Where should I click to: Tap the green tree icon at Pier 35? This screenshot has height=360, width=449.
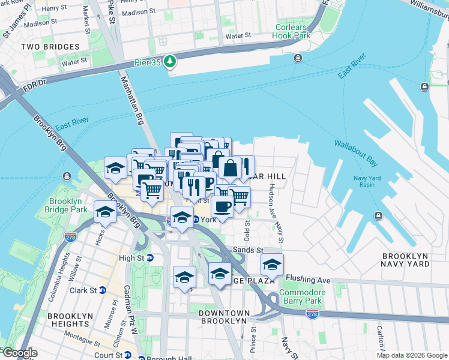click(x=171, y=61)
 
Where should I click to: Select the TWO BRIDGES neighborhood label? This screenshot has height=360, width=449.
click(x=50, y=47)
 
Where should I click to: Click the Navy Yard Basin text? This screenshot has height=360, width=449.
click(x=372, y=181)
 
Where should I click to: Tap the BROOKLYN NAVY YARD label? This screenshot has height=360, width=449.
click(x=406, y=260)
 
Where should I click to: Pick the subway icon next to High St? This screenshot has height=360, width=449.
click(x=150, y=258)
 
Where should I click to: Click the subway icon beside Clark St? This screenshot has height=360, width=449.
click(x=102, y=290)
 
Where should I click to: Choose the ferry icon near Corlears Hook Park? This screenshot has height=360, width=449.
click(x=298, y=58)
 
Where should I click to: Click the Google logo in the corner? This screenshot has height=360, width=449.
click(x=19, y=353)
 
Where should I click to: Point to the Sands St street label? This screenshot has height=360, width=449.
click(x=252, y=250)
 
